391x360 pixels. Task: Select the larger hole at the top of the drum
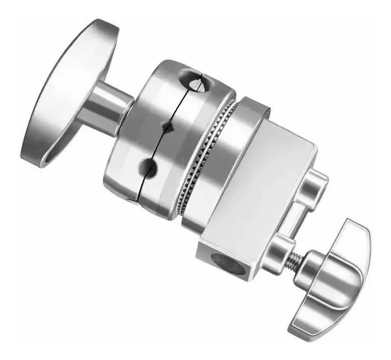point(193,79)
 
